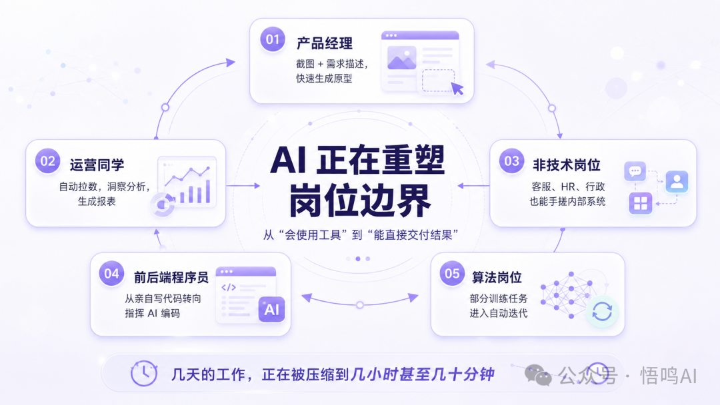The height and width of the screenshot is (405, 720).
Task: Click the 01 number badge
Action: [x=272, y=39]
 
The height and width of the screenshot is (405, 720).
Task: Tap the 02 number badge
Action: [x=48, y=161]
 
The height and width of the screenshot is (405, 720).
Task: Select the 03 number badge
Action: [x=511, y=161]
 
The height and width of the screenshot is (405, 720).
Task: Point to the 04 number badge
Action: [x=111, y=273]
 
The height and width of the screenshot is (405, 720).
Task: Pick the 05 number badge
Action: [x=452, y=273]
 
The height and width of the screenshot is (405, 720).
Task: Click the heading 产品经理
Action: [x=325, y=43]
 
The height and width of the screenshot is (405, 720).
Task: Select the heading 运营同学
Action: [x=97, y=165]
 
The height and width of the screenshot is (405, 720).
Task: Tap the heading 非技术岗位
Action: [x=567, y=165]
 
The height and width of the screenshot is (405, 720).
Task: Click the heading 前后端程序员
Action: [x=171, y=277]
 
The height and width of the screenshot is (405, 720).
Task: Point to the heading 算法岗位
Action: [x=497, y=277]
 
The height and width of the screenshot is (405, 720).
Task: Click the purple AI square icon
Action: [x=271, y=310]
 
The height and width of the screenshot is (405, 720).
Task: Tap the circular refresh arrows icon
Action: [x=602, y=312]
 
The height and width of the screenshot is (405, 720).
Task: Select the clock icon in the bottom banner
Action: [x=144, y=373]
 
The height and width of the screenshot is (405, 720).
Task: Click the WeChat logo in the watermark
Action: [x=538, y=375]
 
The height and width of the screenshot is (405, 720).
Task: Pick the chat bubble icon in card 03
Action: [x=635, y=172]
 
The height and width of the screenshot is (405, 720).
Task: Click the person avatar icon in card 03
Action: [x=677, y=181]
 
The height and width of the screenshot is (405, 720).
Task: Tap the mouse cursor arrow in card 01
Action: [x=457, y=89]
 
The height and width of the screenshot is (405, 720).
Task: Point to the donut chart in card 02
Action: [x=162, y=204]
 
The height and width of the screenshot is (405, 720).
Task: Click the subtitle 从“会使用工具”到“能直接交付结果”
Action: [x=361, y=235]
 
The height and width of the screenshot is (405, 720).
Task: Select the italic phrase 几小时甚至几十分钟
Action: [x=422, y=374]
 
